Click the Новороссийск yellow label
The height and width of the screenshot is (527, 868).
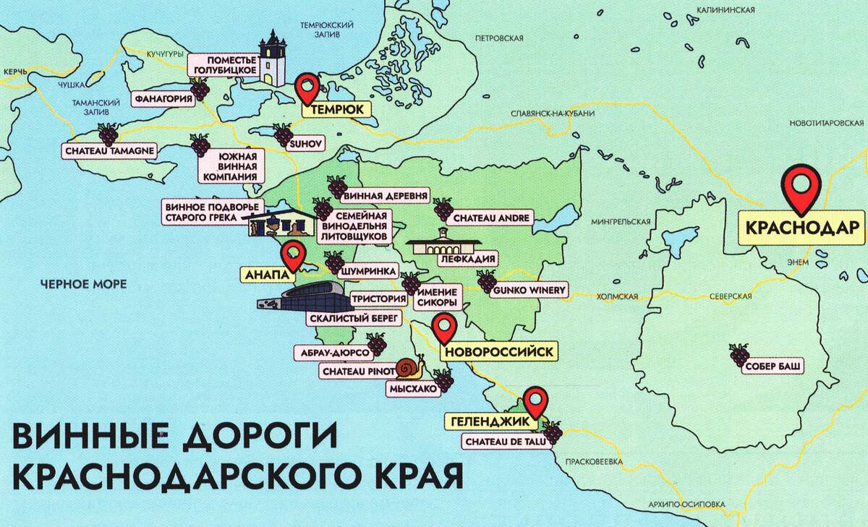[x=499, y=352]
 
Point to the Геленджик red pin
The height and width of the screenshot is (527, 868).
[x=535, y=400]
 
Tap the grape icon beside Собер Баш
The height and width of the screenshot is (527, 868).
[x=739, y=355]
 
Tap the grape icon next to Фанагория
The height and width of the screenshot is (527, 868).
[x=200, y=90]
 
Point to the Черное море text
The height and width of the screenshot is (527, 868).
[x=84, y=284]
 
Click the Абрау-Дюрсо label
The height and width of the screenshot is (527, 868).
[x=331, y=354]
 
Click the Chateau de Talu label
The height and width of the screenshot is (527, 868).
[x=499, y=440]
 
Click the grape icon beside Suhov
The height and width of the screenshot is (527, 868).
[x=283, y=134]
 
